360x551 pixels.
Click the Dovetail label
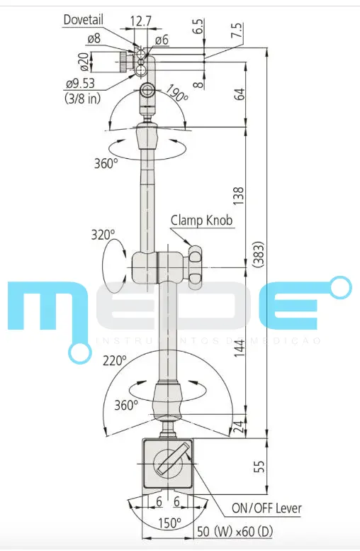[85, 20]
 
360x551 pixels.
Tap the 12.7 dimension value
[141, 21]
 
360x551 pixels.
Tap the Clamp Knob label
[201, 220]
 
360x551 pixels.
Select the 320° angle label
[103, 234]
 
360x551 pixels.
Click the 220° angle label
[113, 360]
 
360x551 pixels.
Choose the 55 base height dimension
[259, 466]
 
